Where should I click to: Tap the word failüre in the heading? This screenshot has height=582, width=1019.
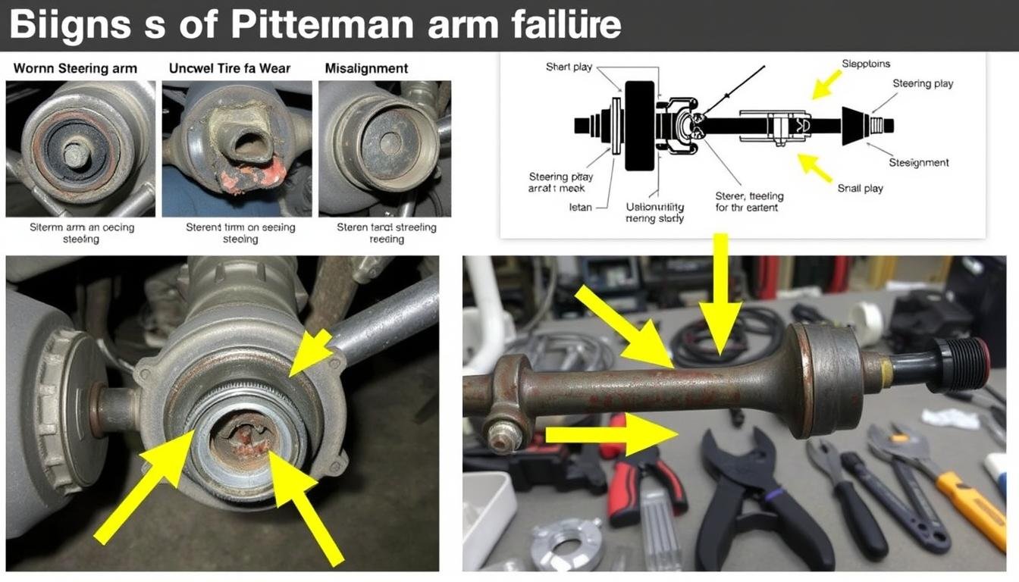tap(562, 25)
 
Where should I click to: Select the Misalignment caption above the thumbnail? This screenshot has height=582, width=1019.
tap(366, 68)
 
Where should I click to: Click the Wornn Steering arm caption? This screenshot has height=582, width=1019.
tap(75, 68)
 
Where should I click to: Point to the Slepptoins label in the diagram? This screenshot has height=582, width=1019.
tap(866, 64)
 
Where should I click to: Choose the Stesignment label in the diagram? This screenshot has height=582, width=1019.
tap(918, 162)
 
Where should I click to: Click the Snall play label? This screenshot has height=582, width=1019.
tap(861, 188)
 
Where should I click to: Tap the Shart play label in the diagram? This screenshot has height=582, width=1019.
tap(569, 67)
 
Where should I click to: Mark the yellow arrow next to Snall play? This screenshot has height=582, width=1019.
tap(815, 168)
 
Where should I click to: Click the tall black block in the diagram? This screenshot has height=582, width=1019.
tap(639, 125)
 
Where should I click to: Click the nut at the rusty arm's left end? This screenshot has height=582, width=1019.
tap(500, 436)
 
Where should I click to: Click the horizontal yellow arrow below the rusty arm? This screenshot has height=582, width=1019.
tap(610, 434)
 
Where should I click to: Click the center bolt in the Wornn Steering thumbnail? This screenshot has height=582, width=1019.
tap(74, 155)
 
